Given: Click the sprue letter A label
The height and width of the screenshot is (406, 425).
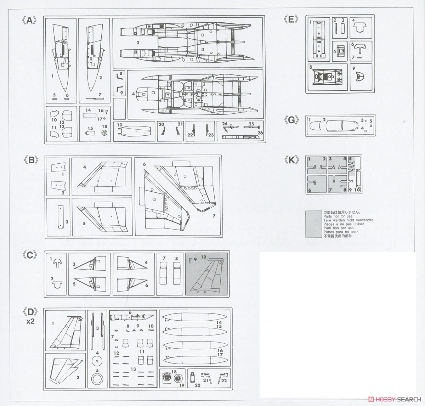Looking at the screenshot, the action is pyautogui.click(x=29, y=21).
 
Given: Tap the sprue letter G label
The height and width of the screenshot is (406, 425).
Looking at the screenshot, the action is pyautogui.click(x=291, y=120).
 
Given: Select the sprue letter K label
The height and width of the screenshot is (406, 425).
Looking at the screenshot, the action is pyautogui.click(x=291, y=160).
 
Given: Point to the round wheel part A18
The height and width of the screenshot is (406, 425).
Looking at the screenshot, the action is pyautogui.click(x=104, y=132).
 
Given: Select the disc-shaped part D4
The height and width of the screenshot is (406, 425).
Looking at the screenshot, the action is pyautogui.click(x=97, y=361).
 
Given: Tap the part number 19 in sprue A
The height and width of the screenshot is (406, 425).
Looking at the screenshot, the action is pyautogui.click(x=119, y=125).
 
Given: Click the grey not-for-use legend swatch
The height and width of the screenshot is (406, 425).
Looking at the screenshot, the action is pyautogui.click(x=313, y=224).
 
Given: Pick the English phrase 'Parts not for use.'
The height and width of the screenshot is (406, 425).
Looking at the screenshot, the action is pyautogui.click(x=338, y=216).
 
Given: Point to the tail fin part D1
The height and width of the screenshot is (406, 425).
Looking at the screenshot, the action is pyautogui.click(x=66, y=332).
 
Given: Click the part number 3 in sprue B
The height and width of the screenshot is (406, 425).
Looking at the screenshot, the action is pyautogui.click(x=67, y=222).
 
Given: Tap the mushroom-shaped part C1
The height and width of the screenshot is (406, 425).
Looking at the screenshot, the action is pyautogui.click(x=57, y=262).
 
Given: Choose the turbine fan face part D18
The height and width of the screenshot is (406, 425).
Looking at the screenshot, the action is pyautogui.click(x=168, y=378).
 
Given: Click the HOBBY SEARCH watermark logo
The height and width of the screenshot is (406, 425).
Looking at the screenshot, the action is pyautogui.click(x=395, y=399).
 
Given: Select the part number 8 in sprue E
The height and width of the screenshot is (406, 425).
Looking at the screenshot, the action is pyautogui.click(x=311, y=67).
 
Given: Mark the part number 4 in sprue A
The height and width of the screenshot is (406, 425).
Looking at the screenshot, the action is pyautogui.click(x=134, y=94).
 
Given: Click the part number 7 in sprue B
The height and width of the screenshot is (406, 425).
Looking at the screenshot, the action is pyautogui.click(x=214, y=216).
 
